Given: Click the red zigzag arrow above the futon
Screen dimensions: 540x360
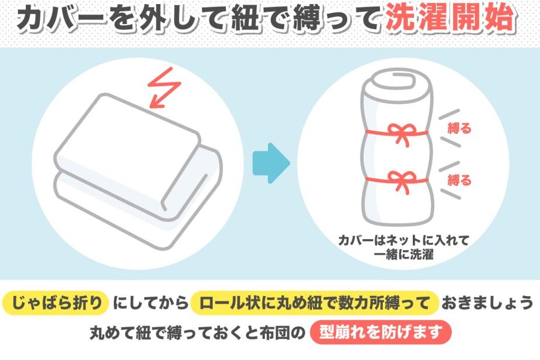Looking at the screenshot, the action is [x=164, y=88].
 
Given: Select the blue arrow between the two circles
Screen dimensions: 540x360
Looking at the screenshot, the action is [x=271, y=163].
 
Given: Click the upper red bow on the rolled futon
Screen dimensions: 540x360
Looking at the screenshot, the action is [x=399, y=133].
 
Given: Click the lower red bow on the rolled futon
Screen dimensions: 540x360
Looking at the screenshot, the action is [x=399, y=181].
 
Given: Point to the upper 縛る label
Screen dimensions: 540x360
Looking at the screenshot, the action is [x=459, y=128].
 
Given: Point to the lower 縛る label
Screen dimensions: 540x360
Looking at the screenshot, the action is [x=459, y=180].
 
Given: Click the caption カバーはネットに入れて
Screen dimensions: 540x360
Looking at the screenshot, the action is [x=403, y=240].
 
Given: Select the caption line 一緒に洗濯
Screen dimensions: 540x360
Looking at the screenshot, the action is [x=403, y=255].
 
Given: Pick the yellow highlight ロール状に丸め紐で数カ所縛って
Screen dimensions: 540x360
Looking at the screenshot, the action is [x=314, y=303].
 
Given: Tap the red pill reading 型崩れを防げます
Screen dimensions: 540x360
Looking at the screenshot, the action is [x=381, y=332].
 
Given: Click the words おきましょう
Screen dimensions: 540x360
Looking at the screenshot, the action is [x=487, y=303].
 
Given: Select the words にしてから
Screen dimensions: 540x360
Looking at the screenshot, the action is [x=150, y=303].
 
